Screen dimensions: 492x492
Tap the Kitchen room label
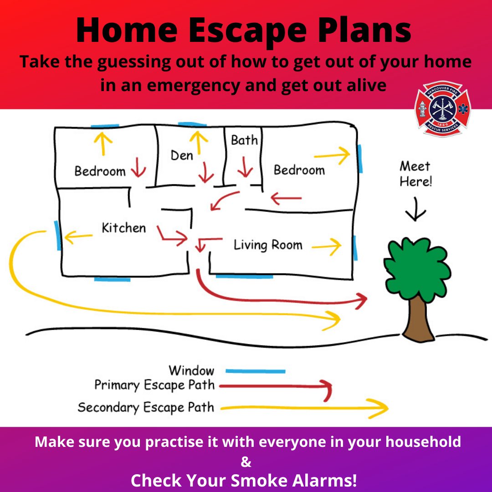(x=123, y=228)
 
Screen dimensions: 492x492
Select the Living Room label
(x=268, y=245)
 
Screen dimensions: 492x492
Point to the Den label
(x=182, y=156)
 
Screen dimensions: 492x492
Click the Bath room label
(x=244, y=140)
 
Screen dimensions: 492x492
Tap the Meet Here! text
(x=415, y=174)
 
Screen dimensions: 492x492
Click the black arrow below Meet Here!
(x=415, y=209)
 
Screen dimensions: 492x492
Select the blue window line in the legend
(x=255, y=371)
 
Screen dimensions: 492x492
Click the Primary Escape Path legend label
(x=154, y=385)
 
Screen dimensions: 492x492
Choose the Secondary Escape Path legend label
(x=146, y=407)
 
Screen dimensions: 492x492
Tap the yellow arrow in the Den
(x=197, y=141)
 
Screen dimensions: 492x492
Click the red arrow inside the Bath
(x=245, y=167)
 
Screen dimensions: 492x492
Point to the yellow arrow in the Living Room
(x=326, y=246)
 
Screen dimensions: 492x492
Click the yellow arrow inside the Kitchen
(x=78, y=236)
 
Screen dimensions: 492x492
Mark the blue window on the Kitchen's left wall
(x=57, y=236)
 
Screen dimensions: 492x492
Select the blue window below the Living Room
(x=244, y=276)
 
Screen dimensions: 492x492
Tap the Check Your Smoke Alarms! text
(x=244, y=480)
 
